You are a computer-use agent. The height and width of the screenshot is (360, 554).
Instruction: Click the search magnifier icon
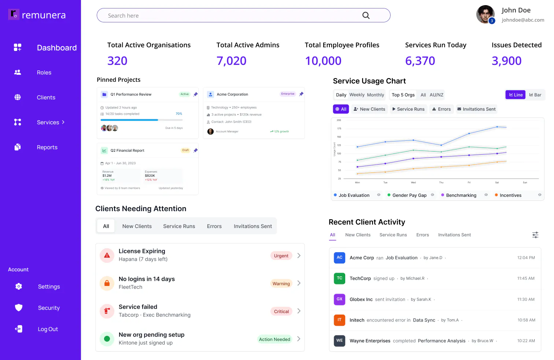tap(366, 15)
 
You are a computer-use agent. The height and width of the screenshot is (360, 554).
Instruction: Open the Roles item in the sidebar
tap(44, 73)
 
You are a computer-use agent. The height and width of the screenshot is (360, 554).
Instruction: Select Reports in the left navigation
tap(47, 147)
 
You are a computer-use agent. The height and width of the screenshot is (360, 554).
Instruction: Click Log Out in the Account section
tap(48, 329)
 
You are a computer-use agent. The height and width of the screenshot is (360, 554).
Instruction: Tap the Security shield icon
tap(19, 308)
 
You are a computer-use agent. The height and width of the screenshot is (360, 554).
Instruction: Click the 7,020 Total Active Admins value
tap(231, 61)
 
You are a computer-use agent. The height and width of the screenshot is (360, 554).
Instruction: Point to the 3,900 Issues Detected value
tap(506, 61)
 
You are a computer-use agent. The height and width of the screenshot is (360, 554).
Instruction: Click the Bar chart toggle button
tap(535, 95)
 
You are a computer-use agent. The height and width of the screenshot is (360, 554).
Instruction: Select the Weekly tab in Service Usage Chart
tap(357, 95)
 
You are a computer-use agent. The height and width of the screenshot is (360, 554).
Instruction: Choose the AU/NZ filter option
tap(436, 95)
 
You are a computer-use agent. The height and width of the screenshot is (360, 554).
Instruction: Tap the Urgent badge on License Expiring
tap(281, 256)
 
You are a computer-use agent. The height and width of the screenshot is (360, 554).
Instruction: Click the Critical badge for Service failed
tap(281, 312)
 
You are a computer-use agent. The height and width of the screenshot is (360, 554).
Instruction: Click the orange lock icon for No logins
tap(107, 283)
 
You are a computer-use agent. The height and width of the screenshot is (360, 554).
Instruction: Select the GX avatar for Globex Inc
tap(339, 299)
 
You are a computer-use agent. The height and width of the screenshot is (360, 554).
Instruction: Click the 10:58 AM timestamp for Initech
tap(526, 320)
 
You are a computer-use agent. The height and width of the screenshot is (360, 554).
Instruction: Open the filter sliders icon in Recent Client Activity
tap(535, 235)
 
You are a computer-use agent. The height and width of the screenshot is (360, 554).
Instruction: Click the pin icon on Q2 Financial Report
tap(196, 150)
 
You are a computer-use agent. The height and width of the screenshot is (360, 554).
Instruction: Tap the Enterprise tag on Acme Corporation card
tap(288, 94)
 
